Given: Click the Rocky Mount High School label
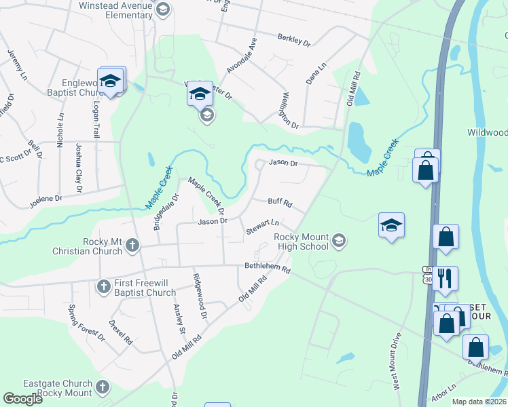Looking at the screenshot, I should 301,241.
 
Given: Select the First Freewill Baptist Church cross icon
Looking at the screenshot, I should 103,286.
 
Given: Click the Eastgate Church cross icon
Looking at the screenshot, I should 103,387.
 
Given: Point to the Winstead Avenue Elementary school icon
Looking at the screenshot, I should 162,9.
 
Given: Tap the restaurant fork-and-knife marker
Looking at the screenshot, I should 446,277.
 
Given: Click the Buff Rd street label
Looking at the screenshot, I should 280,202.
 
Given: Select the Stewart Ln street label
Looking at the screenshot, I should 263,227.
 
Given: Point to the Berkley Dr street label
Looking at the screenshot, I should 294,41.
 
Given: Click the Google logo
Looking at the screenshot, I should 23,399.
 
